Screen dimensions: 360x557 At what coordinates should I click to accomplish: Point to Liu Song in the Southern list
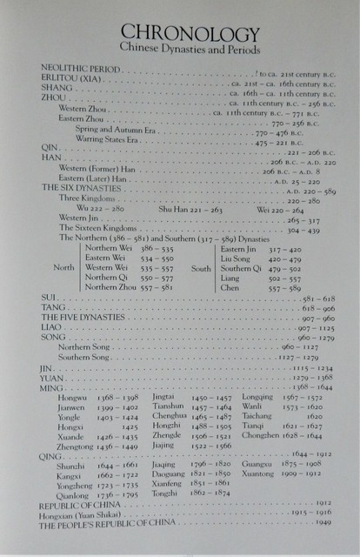point(235,258)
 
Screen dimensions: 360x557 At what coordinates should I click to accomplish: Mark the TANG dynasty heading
point(53,309)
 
